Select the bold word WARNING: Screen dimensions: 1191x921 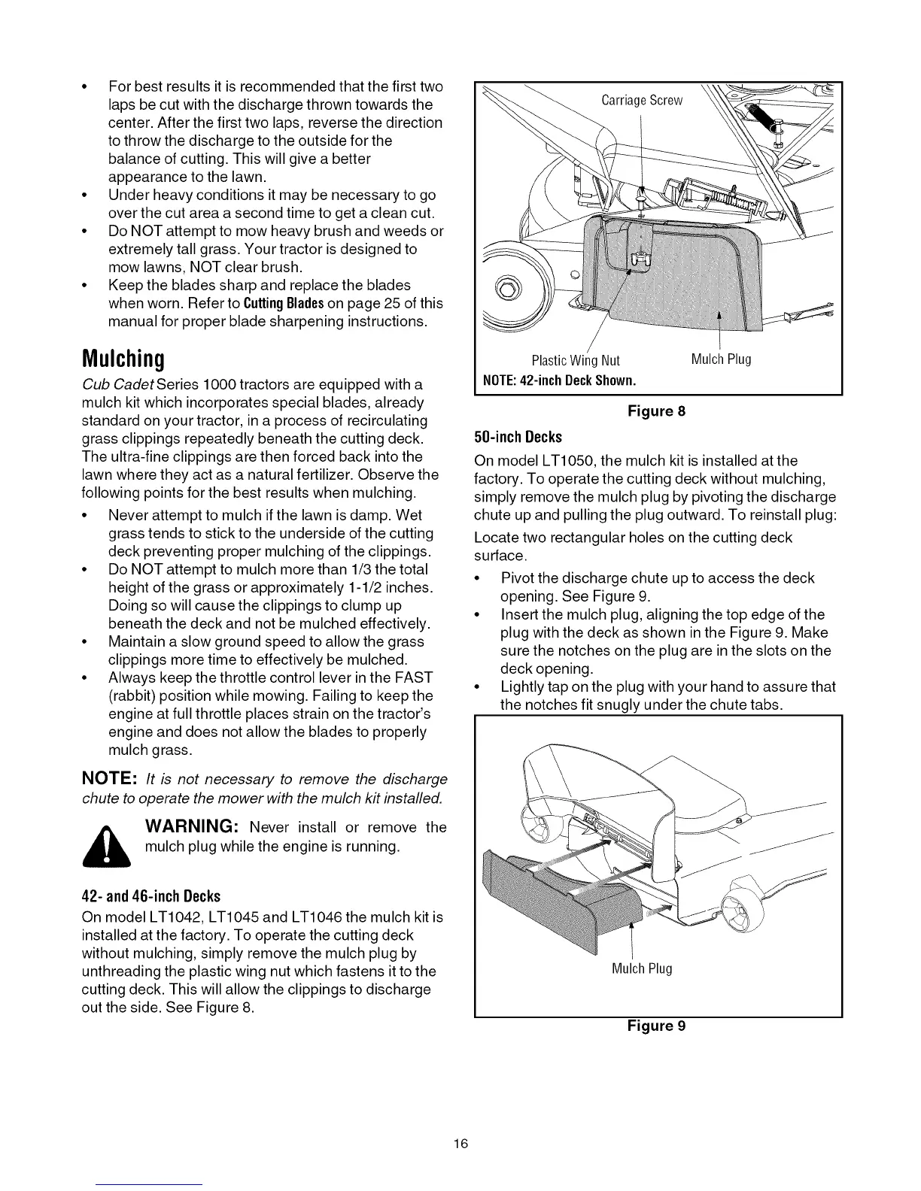click(192, 828)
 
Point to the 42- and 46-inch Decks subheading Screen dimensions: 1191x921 click(150, 896)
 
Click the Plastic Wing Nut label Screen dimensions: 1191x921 click(576, 360)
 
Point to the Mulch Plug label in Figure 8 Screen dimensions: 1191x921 click(721, 359)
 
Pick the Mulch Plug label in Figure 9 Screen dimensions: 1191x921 click(641, 968)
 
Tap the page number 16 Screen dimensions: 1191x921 click(460, 1144)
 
